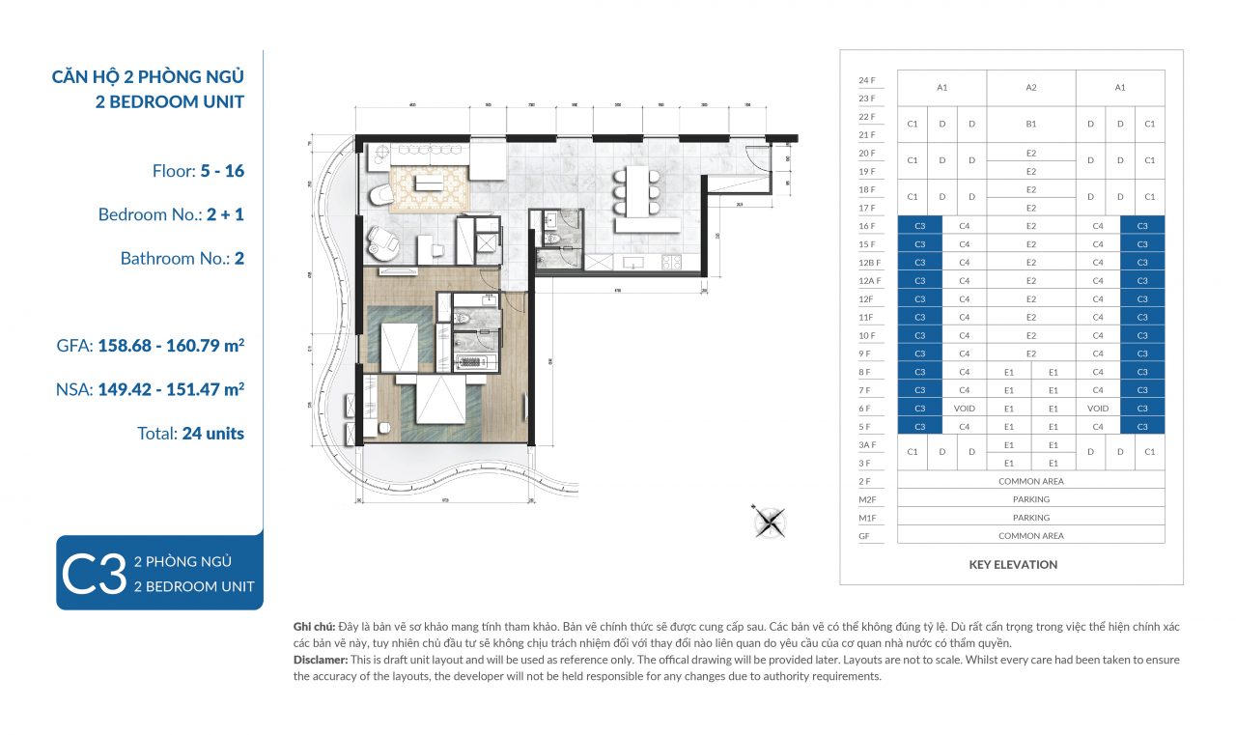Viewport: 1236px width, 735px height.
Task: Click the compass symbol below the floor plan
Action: pyautogui.click(x=770, y=522)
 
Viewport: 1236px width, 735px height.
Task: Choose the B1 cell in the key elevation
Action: pyautogui.click(x=1031, y=124)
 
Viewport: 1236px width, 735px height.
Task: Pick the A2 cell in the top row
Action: pyautogui.click(x=1031, y=88)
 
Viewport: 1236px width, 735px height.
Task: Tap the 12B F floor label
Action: pyautogui.click(x=866, y=263)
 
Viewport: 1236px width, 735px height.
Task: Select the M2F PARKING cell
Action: pyautogui.click(x=1031, y=499)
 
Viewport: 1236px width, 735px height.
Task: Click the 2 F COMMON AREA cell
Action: pyautogui.click(x=1031, y=481)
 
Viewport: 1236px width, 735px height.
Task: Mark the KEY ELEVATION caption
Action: pyautogui.click(x=1013, y=565)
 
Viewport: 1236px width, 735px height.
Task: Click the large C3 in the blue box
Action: pyautogui.click(x=94, y=575)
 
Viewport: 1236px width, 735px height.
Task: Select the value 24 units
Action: pyautogui.click(x=212, y=434)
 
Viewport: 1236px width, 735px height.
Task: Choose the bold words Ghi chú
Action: pyautogui.click(x=316, y=627)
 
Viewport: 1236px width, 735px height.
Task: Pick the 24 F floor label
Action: pyautogui.click(x=866, y=80)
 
